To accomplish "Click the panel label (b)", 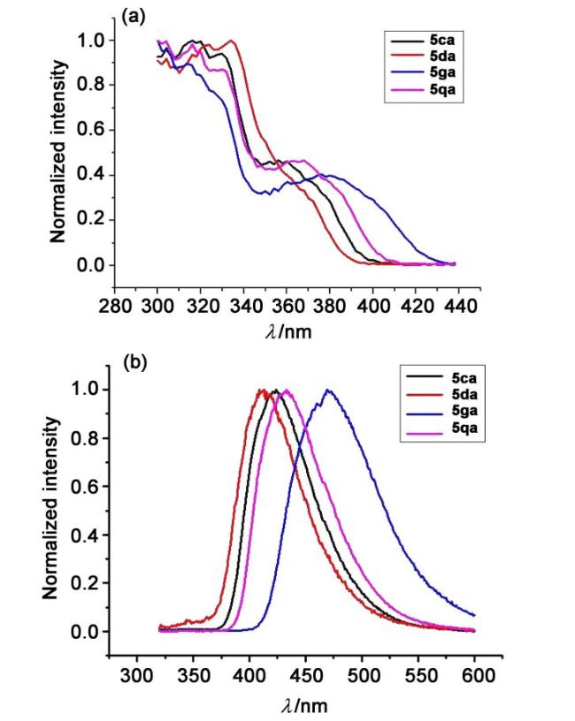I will (134, 363).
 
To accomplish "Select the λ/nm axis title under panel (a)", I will (293, 332).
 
